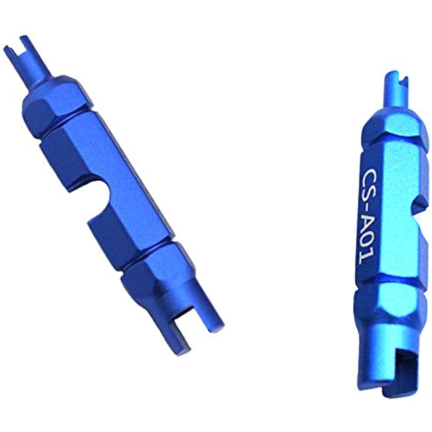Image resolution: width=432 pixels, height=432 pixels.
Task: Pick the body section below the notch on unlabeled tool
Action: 125,233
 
